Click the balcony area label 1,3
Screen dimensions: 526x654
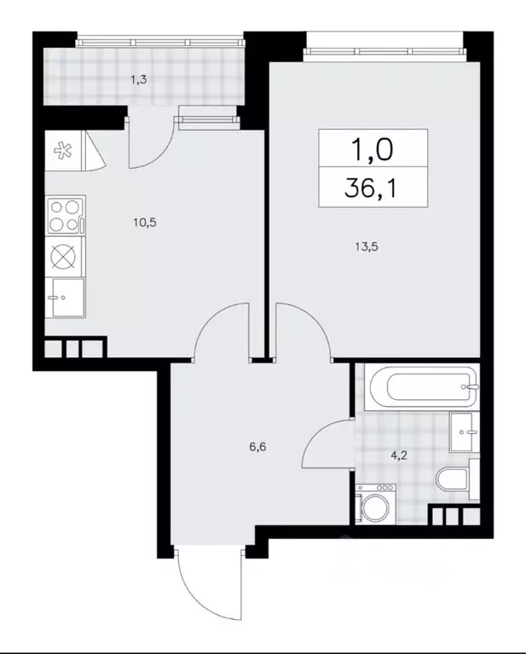pos(139,79)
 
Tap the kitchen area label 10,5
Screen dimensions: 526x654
pos(145,223)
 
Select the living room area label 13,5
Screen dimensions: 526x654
pos(367,247)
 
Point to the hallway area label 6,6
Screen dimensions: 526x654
pos(257,447)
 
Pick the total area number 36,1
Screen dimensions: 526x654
pos(370,188)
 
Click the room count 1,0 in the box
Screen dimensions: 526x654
pos(373,149)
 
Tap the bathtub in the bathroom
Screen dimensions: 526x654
pos(421,387)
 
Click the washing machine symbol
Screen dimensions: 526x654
pos(375,503)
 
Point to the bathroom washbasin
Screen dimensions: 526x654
pos(465,431)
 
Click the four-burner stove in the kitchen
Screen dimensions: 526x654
pos(65,216)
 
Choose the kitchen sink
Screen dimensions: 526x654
pos(66,298)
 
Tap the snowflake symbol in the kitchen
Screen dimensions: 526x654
pos(63,151)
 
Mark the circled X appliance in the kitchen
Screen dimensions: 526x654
pos(64,257)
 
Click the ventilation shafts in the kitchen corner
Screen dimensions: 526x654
pos(75,347)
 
